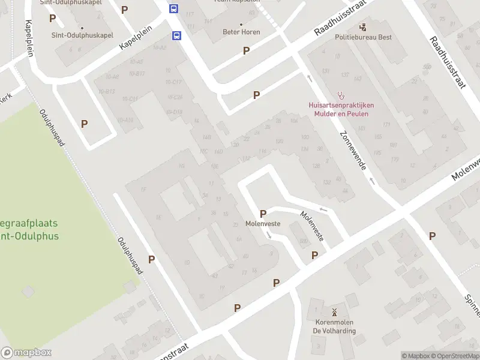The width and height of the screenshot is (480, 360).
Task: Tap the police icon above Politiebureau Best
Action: [363, 27]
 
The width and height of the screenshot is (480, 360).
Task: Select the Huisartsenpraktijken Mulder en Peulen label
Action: [338, 109]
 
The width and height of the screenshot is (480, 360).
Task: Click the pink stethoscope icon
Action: [341, 94]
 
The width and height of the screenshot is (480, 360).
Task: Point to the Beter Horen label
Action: [241, 32]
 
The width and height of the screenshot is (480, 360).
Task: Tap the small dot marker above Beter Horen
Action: [241, 25]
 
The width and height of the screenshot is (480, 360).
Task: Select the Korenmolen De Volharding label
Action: [334, 326]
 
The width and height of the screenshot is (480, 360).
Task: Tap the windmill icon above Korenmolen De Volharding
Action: [334, 312]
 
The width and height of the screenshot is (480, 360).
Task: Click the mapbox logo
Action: [26, 353]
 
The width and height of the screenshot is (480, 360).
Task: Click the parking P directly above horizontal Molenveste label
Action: [263, 214]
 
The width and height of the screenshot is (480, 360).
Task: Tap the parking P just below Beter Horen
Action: [246, 51]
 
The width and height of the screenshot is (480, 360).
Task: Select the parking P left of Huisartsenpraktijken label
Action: [256, 95]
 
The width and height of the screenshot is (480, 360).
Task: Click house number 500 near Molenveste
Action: [304, 241]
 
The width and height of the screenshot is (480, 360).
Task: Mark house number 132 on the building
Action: [326, 182]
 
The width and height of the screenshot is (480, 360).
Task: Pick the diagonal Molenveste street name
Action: [312, 226]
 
